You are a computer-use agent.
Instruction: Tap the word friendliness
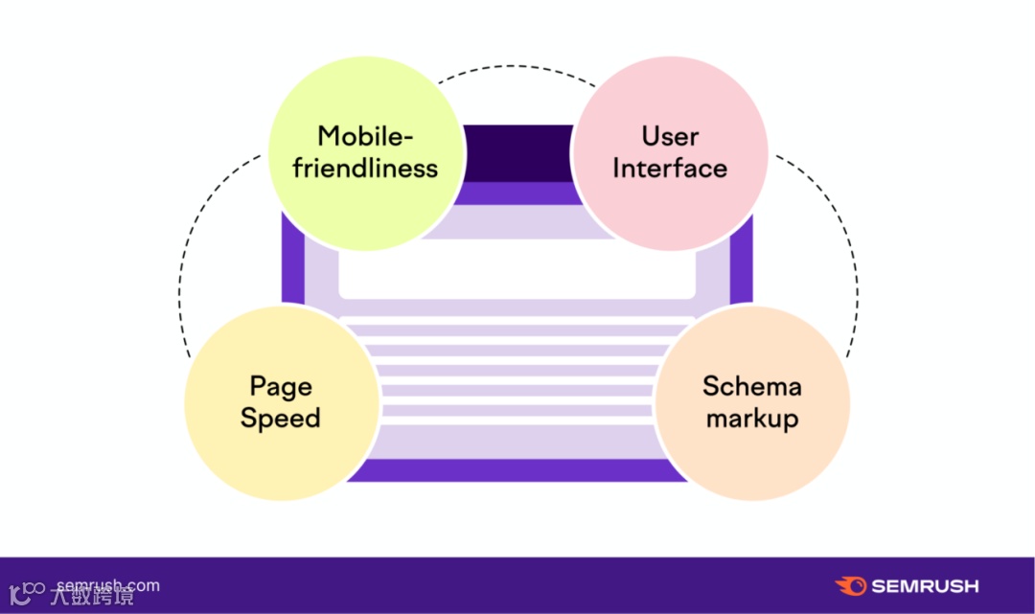coord(365,169)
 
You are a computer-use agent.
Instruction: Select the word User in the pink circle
coord(670,136)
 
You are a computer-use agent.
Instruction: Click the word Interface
coord(670,169)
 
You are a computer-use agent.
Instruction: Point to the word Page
coord(280,387)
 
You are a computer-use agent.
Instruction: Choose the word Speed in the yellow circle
coord(280,419)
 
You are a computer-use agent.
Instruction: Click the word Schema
coord(751,386)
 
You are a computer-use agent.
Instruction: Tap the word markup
coord(751,419)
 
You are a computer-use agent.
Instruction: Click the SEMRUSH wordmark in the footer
coord(925,586)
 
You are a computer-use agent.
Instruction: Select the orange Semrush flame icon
coord(851,586)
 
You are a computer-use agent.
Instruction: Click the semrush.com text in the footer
coord(108,585)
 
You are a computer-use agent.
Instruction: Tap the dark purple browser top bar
coord(517,153)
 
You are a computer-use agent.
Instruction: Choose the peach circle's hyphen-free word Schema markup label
coord(751,402)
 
